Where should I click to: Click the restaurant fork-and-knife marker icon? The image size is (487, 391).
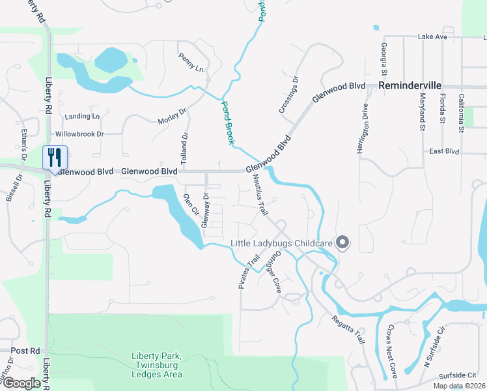pos(54,157)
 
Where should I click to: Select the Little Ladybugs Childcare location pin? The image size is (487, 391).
pos(343,243)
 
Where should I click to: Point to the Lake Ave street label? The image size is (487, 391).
pos(433,36)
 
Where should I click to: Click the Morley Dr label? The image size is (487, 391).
pos(172,117)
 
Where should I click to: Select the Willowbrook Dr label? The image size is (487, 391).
pos(79,134)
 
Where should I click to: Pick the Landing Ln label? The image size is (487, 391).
pos(83,117)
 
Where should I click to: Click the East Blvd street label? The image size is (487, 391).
pos(445,151)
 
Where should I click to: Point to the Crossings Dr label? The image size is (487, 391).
pos(288,96)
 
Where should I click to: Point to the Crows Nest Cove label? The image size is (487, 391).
pos(392,351)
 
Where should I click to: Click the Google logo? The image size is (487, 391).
pos(21,383)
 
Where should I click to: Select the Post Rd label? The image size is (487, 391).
pos(25,351)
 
